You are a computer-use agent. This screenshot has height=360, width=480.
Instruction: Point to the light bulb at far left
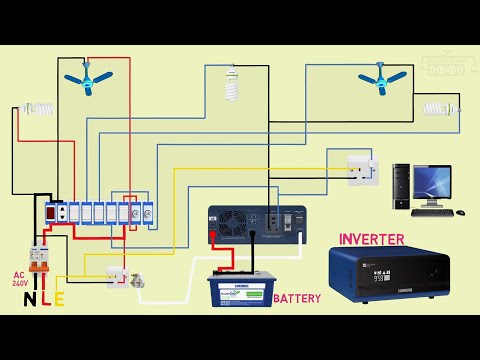click(x=37, y=107)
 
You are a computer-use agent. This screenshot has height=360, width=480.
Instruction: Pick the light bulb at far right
click(x=439, y=108)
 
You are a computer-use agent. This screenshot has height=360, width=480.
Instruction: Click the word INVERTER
click(x=371, y=240)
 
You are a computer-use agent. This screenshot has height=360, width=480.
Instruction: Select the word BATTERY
click(x=297, y=299)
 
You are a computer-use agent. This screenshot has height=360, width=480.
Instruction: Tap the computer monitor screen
click(x=432, y=184)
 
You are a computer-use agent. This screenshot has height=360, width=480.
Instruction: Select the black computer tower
click(x=401, y=185)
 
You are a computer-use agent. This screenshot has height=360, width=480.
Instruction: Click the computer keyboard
click(x=432, y=212)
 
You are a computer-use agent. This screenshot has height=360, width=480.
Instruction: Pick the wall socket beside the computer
click(x=361, y=170)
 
